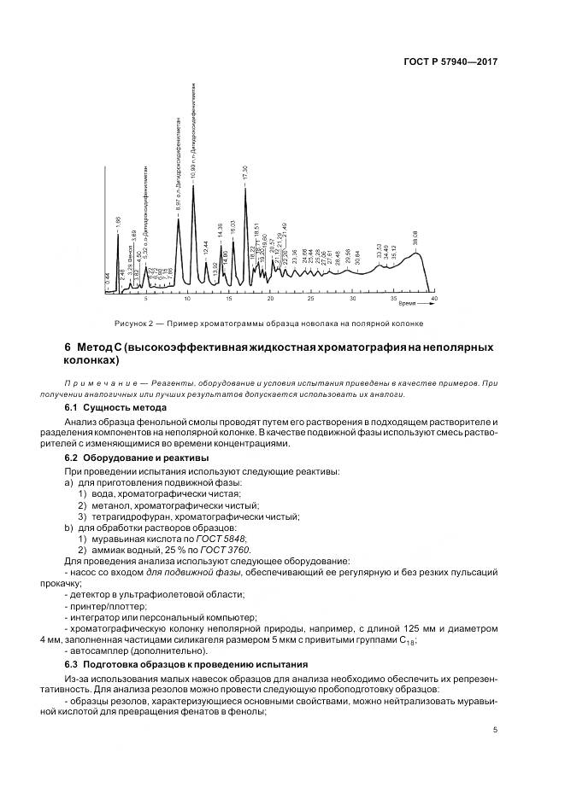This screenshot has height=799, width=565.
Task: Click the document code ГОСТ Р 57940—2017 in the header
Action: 453,62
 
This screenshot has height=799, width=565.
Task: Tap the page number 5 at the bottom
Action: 497,730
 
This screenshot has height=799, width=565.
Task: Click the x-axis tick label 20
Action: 270,300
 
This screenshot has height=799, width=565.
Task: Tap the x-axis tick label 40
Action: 434,300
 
